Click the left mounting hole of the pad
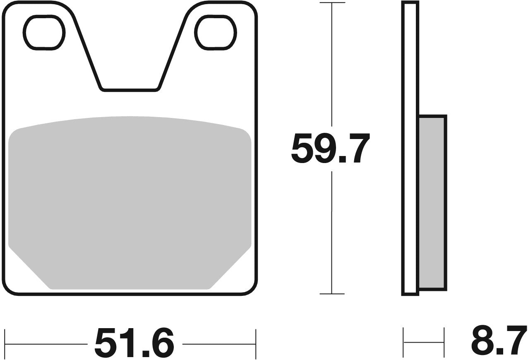pos(44,32)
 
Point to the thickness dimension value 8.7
pos(498,340)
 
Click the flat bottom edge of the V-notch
pos(130,89)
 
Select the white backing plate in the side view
pos(410,149)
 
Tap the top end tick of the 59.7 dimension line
pos(332,3)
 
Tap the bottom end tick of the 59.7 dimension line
pos(332,294)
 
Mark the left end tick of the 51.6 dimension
pos(5,343)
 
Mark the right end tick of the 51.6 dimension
pos(256,343)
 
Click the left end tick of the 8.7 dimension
pos(403,342)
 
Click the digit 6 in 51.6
pos(160,343)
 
